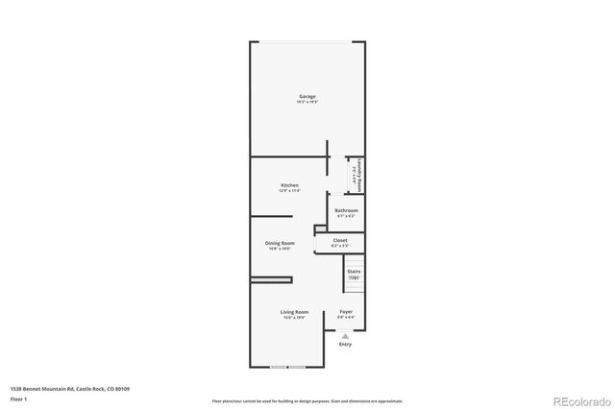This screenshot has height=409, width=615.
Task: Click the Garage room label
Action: tap(307, 96)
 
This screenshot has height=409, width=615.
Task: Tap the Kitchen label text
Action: tap(289, 185)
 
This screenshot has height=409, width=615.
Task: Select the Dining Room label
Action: tap(280, 243)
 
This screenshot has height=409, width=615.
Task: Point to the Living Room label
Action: tap(294, 312)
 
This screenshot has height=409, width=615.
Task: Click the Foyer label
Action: tap(346, 312)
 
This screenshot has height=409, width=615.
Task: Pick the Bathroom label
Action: tap(346, 210)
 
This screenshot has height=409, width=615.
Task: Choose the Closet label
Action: tap(340, 240)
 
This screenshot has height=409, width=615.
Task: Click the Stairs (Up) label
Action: tap(354, 274)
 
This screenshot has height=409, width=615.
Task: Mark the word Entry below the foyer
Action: tap(345, 344)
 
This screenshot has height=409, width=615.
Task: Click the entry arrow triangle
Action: tap(345, 334)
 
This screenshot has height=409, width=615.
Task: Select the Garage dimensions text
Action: tap(307, 102)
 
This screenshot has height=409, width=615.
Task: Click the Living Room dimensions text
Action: tap(294, 318)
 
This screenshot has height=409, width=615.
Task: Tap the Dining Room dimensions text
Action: tap(280, 249)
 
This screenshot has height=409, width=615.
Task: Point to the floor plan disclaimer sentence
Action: tap(307, 399)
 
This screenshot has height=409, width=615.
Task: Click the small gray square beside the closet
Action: tap(318, 229)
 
